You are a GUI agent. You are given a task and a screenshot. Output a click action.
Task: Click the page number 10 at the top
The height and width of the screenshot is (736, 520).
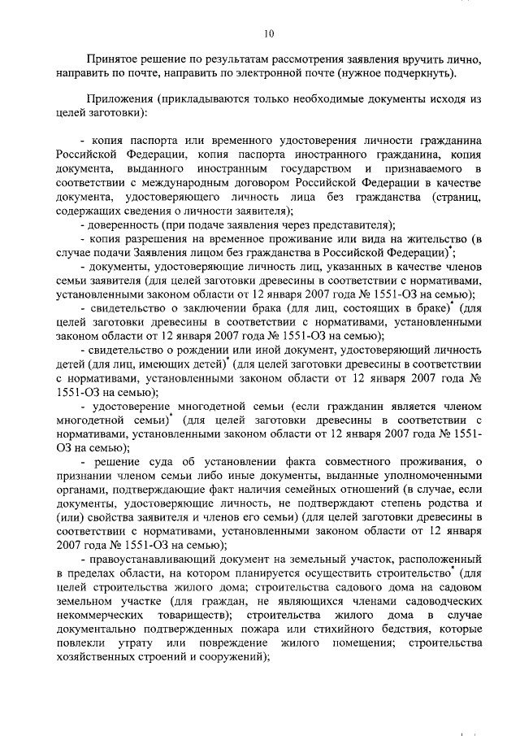coord(269,33)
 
